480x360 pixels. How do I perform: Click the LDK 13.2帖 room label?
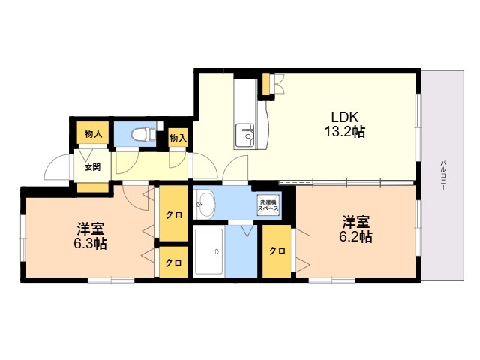[x=345, y=124]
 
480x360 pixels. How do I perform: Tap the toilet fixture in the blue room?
[x=144, y=135]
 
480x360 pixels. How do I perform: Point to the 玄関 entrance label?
[x=92, y=167]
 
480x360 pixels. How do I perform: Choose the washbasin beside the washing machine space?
[x=205, y=203]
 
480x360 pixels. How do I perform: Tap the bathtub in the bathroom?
[x=208, y=251]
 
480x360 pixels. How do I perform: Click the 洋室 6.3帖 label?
[x=90, y=235]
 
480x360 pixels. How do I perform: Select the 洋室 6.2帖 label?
[x=356, y=229]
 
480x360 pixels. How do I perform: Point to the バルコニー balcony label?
[x=442, y=175]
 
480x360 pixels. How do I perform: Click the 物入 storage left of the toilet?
[x=93, y=133]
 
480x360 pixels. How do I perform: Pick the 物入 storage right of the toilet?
[x=178, y=137]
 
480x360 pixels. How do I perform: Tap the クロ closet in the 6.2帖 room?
[x=277, y=251]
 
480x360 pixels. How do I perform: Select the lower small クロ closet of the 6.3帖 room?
[x=173, y=262]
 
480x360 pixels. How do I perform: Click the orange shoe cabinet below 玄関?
[x=92, y=187]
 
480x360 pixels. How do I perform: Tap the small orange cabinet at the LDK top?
[x=266, y=84]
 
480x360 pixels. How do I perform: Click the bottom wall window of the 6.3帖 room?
[x=111, y=280]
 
